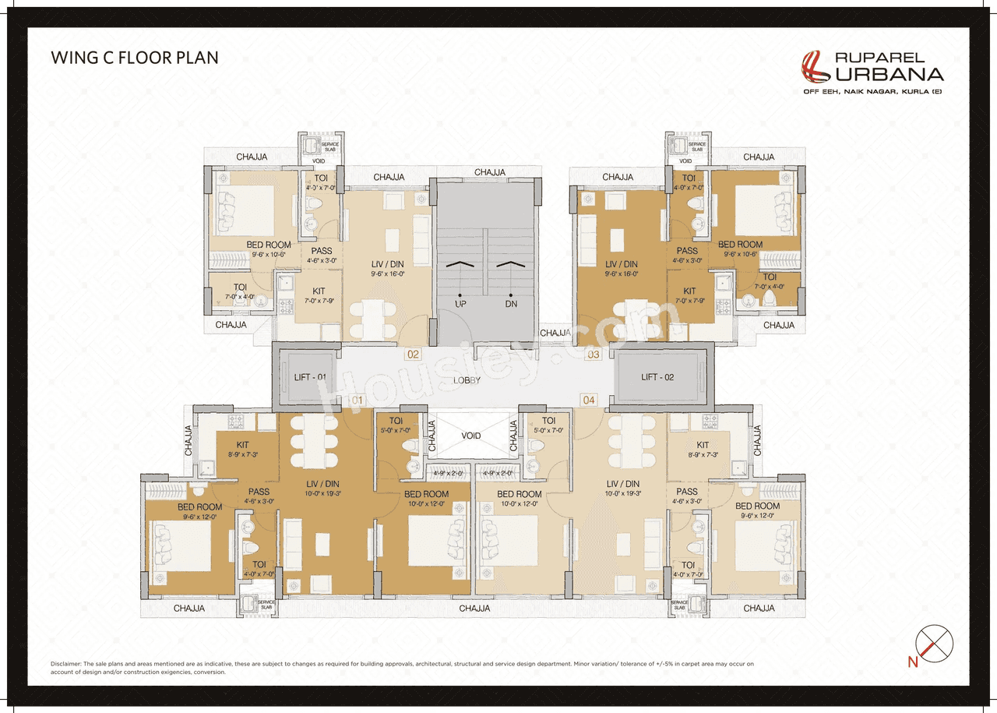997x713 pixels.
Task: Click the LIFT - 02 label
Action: click(x=657, y=377)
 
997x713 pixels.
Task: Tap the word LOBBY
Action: click(x=467, y=380)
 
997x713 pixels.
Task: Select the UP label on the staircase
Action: click(x=460, y=303)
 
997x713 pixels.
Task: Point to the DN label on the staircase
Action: click(x=510, y=303)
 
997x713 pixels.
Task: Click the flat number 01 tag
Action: click(x=356, y=400)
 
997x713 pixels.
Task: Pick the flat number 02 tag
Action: click(x=413, y=355)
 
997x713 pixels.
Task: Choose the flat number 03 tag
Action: click(x=594, y=355)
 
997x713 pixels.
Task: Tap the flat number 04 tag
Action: click(x=589, y=400)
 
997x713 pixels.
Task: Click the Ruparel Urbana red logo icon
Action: click(x=816, y=66)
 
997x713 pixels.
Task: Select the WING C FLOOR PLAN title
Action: click(x=135, y=58)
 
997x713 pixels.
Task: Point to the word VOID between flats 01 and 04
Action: click(x=471, y=436)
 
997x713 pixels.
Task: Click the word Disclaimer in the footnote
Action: click(x=66, y=663)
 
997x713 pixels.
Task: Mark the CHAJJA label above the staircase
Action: click(x=490, y=172)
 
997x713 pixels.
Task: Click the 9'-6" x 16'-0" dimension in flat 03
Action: click(x=621, y=274)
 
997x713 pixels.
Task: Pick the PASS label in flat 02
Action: click(x=321, y=251)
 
